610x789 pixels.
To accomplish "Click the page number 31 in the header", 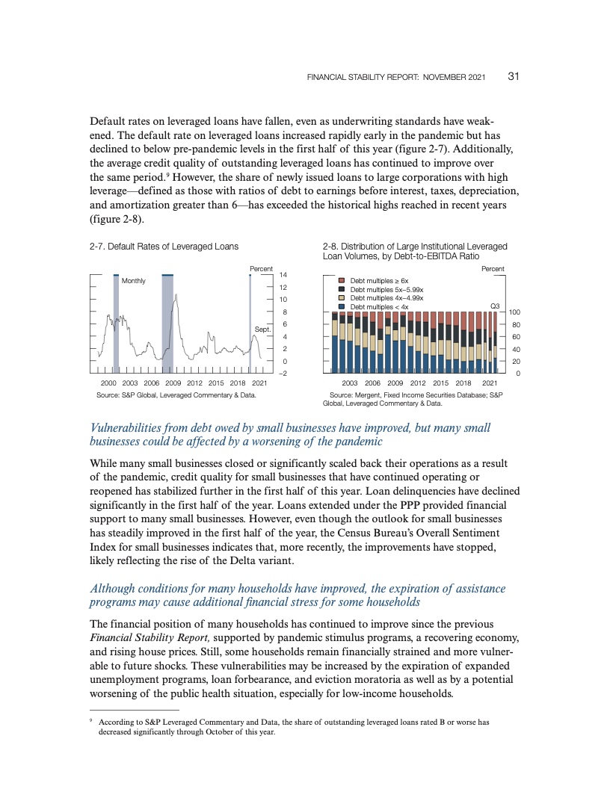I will tap(514, 76).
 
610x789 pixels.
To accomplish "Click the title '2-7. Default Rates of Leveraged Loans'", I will tap(164, 246).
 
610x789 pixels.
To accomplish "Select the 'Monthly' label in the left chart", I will tap(134, 281).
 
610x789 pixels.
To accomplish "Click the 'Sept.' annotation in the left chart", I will tap(262, 329).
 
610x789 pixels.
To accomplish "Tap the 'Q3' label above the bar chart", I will tap(495, 306).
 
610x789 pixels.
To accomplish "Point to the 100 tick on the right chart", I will tap(515, 312).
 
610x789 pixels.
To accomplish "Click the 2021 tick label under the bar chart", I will tap(490, 383).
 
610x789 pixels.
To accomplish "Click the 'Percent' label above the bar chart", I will tap(493, 268).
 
